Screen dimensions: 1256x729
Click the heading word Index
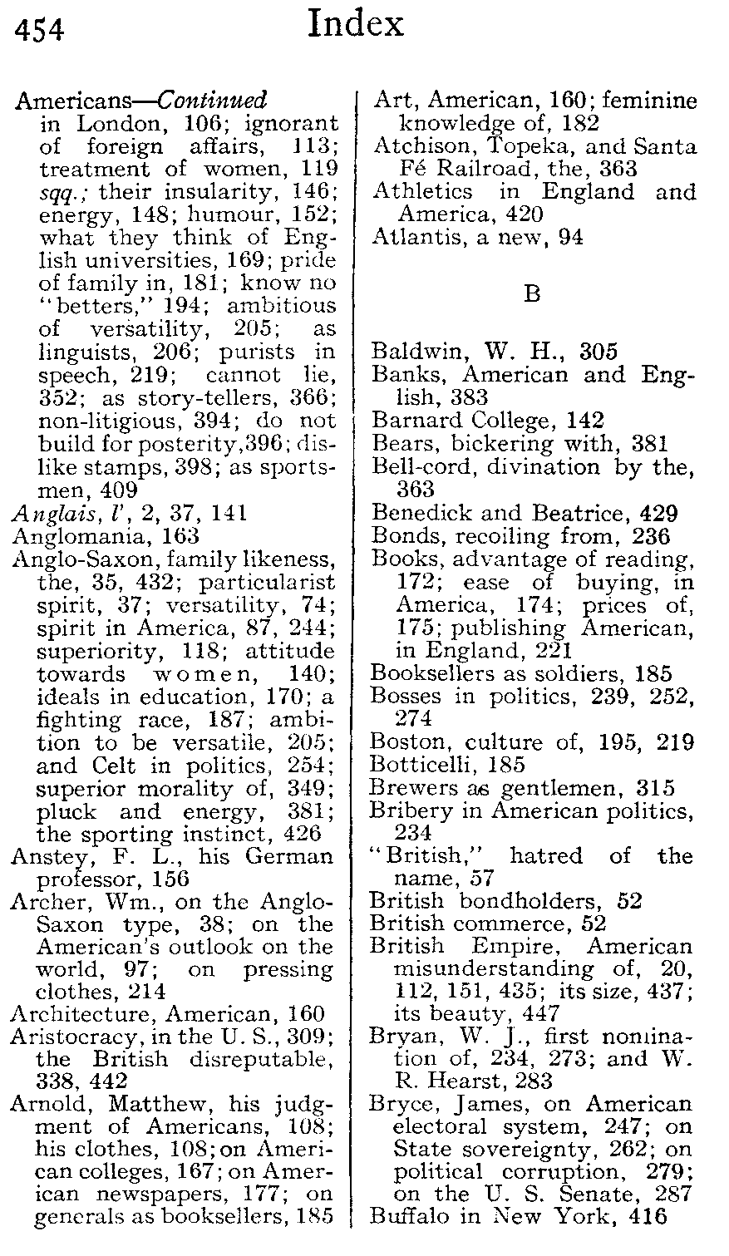pos(355,25)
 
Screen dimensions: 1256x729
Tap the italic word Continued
pos(213,101)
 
